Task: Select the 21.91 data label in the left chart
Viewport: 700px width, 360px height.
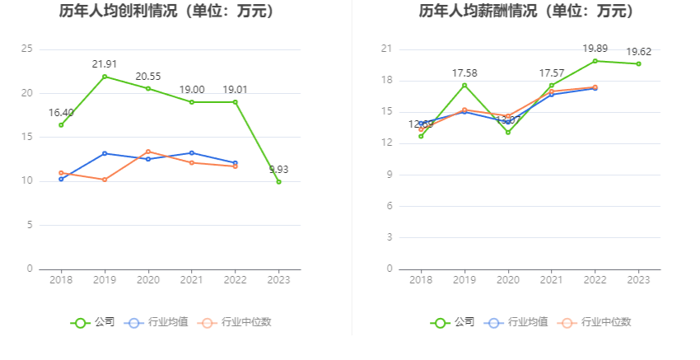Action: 105,63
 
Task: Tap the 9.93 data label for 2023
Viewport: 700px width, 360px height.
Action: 279,170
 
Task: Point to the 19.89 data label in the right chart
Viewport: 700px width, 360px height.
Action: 595,49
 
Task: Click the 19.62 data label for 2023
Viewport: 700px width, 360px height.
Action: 639,51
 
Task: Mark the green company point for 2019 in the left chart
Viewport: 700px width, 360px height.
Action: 105,77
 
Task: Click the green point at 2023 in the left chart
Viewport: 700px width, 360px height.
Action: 278,181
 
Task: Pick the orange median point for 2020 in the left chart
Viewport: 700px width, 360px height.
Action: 148,152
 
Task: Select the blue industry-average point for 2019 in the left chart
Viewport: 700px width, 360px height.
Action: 105,153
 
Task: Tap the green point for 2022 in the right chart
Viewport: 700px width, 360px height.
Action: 595,61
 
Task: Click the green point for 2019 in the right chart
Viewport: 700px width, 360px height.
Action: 464,85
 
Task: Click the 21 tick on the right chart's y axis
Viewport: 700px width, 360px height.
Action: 386,49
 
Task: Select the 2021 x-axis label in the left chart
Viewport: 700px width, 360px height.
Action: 192,280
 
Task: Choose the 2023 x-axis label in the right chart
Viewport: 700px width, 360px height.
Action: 639,280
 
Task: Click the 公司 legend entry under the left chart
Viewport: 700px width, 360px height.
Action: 92,322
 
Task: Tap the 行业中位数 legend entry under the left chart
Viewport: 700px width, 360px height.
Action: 236,322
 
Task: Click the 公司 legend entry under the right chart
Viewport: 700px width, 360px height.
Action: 452,322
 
